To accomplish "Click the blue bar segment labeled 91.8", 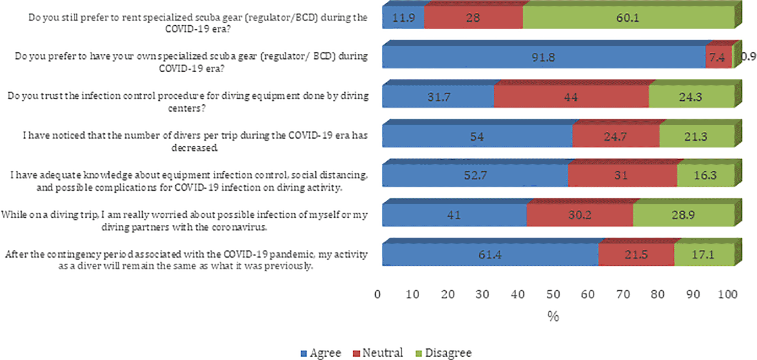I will pyautogui.click(x=543, y=57).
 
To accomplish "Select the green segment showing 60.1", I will pyautogui.click(x=628, y=18).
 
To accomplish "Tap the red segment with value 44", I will pyautogui.click(x=571, y=97).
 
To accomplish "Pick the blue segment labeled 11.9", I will pyautogui.click(x=403, y=18).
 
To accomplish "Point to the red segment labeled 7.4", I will pyautogui.click(x=717, y=57).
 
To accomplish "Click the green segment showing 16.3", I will pyautogui.click(x=705, y=176).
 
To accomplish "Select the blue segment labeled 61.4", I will pyautogui.click(x=490, y=255).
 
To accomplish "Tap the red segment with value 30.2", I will pyautogui.click(x=579, y=215).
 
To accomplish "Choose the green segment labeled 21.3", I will pyautogui.click(x=696, y=136).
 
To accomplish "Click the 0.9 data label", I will pyautogui.click(x=749, y=56).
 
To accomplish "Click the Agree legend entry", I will pyautogui.click(x=321, y=353).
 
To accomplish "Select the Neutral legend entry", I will pyautogui.click(x=378, y=353).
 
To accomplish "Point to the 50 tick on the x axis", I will pyautogui.click(x=553, y=294).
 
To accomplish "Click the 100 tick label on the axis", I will pyautogui.click(x=727, y=294).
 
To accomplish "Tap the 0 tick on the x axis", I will pyautogui.click(x=378, y=294).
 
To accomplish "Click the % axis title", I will pyautogui.click(x=553, y=316).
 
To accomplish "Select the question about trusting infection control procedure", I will pyautogui.click(x=188, y=102).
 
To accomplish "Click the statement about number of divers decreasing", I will pyautogui.click(x=195, y=141).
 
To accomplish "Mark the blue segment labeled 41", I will pyautogui.click(x=454, y=215).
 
